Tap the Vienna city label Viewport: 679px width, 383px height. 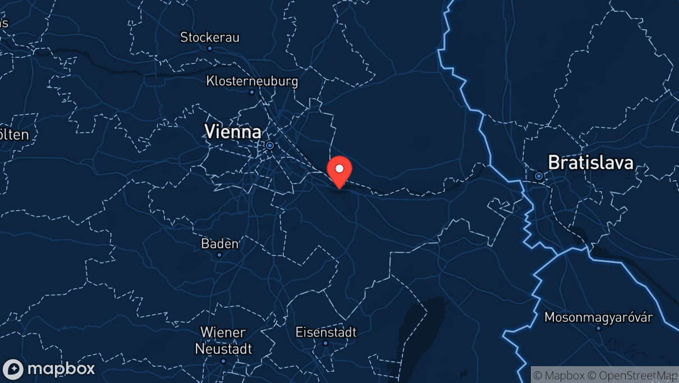pos(232,132)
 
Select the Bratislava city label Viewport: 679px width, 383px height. pos(590,163)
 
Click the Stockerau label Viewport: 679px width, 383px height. pos(209,37)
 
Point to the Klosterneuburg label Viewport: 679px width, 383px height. pos(252,81)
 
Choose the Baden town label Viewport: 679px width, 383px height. pos(219,244)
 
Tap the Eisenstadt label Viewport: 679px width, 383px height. pos(325,332)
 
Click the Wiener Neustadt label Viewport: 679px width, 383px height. pos(223,340)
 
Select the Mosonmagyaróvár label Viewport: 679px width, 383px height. pos(598,317)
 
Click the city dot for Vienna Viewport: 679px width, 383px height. pos(270,145)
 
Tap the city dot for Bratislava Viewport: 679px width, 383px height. pos(539,176)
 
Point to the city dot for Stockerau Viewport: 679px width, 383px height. pos(210,48)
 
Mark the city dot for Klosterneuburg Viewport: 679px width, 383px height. pos(252,92)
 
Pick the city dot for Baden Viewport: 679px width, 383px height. pos(219,255)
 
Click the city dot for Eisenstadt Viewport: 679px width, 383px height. pos(325,343)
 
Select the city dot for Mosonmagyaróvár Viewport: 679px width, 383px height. pos(598,328)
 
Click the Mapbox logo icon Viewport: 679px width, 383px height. pos(13,369)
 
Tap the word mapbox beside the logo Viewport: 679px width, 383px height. pos(61,369)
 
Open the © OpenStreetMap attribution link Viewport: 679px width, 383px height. pos(637,375)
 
